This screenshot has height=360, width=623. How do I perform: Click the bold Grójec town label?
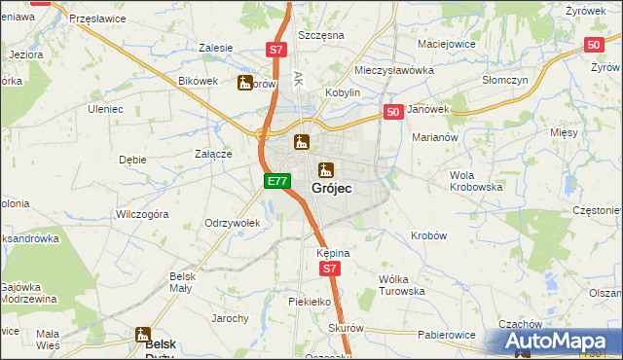tap(332, 186)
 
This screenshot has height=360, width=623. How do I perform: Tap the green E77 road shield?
tap(277, 181)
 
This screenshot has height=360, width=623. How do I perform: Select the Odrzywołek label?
tap(232, 223)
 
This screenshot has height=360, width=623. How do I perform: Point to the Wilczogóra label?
tap(142, 213)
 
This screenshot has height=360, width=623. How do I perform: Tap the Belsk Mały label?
tap(182, 282)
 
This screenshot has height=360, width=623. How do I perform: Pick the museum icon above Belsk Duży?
tap(144, 334)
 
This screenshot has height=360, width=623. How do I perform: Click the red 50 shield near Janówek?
tap(393, 113)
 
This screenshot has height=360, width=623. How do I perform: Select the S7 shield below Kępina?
tap(331, 269)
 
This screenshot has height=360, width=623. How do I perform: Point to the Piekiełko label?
tap(311, 303)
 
